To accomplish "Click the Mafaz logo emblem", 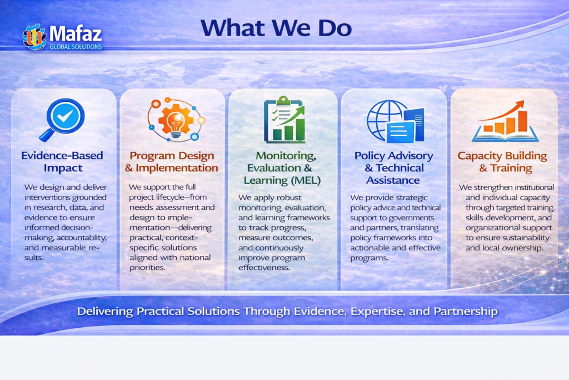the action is pos(34,37).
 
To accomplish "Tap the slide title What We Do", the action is pos(276,28).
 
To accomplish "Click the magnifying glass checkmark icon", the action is pos(62,120).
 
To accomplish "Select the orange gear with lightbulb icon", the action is pos(176,120).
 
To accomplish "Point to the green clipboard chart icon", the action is pos(284,120).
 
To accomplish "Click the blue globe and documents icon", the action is pos(395,121).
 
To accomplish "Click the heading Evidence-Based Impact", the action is pos(62,162).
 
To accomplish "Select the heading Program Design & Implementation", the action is pos(172,162).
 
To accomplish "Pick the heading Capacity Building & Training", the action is pos(502,162).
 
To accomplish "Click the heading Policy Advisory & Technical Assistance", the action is pos(394,168).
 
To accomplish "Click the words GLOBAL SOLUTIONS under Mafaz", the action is pos(76,47).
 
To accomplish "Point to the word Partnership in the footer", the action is pos(466,312).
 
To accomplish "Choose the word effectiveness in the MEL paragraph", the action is pos(264,268).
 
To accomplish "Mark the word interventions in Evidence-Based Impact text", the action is pos(47,198).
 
